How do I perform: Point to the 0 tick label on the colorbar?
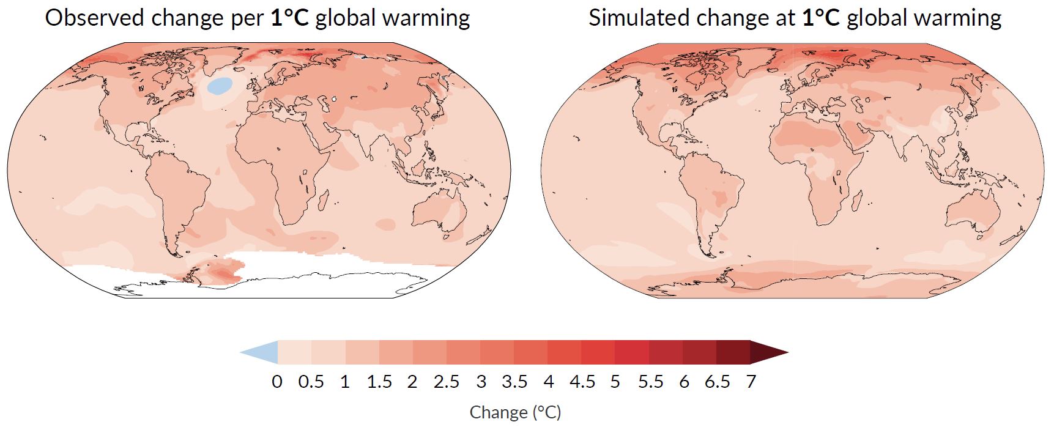277,382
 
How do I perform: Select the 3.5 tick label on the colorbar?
514,382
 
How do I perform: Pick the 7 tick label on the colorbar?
751,382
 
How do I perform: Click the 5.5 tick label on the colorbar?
650,382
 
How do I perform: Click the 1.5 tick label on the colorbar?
379,382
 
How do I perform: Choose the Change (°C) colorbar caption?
515,412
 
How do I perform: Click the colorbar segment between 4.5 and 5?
598,352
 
